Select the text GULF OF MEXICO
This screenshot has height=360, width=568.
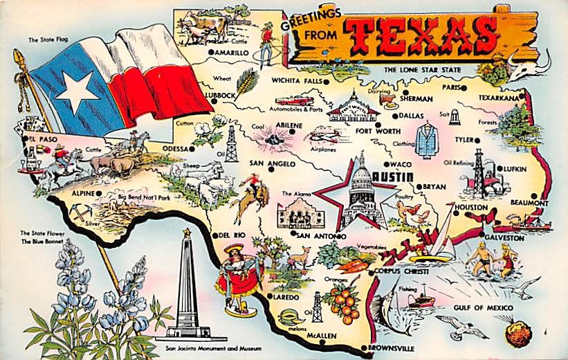click(482, 307)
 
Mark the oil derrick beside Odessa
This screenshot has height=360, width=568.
click(231, 143)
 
